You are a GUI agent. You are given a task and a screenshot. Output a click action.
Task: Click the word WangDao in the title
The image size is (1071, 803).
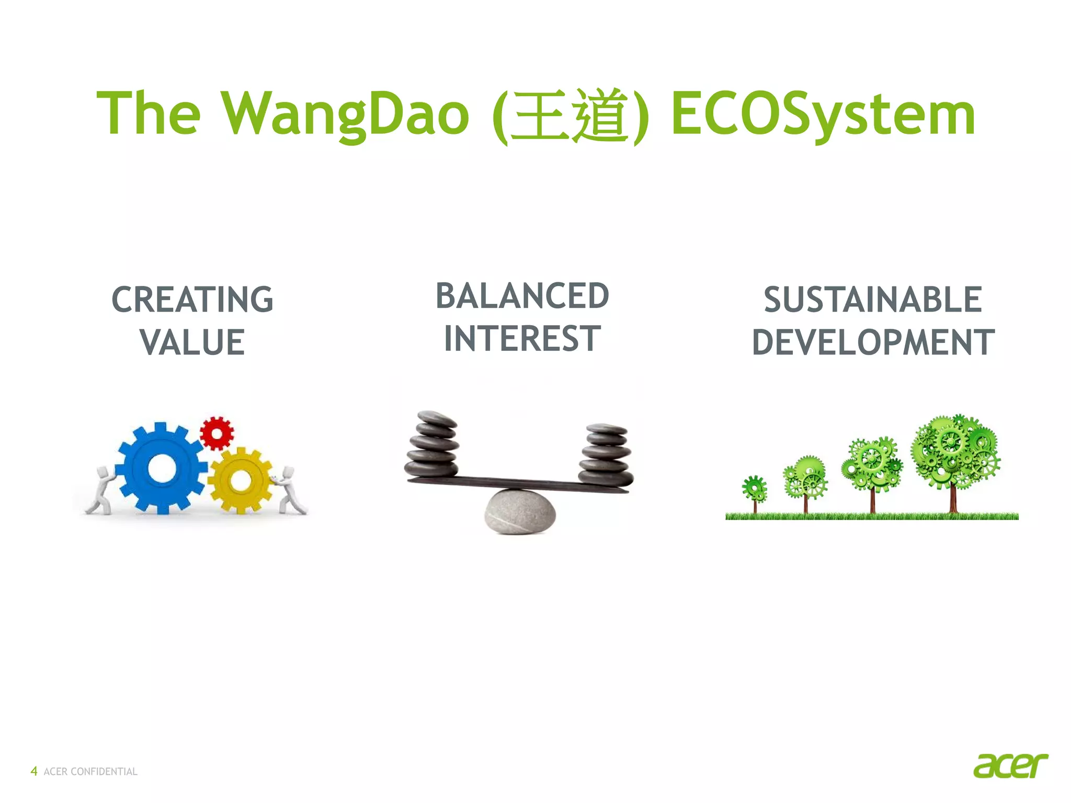[346, 114]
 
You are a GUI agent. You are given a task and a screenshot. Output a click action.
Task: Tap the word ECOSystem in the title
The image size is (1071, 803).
[823, 114]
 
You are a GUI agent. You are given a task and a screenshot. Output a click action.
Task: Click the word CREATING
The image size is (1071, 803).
[192, 300]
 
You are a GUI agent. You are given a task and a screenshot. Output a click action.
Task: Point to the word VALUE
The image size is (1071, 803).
[192, 342]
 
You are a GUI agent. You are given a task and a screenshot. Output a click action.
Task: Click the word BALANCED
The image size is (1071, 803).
[522, 296]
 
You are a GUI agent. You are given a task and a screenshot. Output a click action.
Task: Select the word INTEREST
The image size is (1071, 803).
[522, 339]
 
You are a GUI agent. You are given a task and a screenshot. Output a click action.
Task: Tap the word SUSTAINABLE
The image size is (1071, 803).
[872, 300]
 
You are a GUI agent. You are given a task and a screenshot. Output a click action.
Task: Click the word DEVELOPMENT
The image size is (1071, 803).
[872, 342]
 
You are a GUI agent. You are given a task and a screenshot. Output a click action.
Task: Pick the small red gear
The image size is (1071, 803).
[217, 433]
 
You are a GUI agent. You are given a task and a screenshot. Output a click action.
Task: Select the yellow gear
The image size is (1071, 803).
[241, 480]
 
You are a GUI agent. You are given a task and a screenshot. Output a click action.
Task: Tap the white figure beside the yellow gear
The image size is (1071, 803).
[289, 490]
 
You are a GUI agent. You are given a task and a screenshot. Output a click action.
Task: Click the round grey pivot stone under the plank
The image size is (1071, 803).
[520, 512]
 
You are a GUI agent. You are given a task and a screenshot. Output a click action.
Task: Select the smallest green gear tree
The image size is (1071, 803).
[755, 491]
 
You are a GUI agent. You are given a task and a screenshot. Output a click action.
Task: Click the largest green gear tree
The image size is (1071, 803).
[954, 455]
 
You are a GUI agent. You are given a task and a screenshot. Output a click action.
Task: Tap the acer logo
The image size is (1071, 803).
[1010, 766]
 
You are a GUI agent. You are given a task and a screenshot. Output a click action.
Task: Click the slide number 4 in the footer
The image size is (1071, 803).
[34, 771]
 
